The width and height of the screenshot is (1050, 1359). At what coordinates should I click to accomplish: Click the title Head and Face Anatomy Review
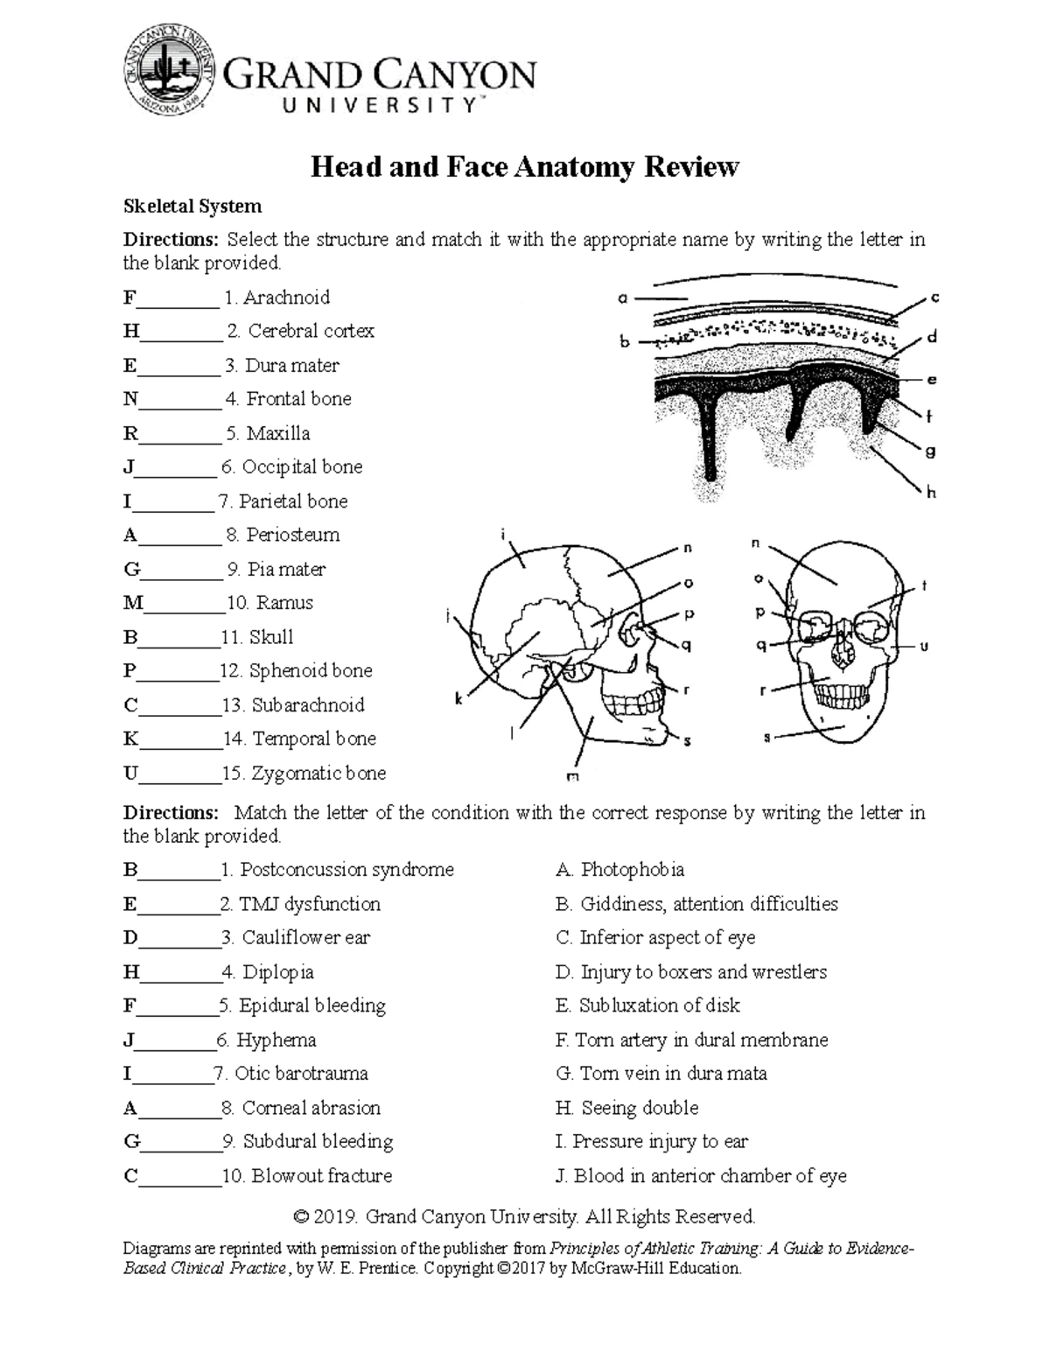click(525, 167)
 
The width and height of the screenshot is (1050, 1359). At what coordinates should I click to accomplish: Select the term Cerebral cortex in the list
click(311, 332)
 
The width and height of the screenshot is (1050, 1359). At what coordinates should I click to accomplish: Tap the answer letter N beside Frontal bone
click(130, 400)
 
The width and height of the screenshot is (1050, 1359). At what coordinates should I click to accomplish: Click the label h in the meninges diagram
click(931, 493)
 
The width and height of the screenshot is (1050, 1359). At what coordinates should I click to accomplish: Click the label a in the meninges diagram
click(623, 298)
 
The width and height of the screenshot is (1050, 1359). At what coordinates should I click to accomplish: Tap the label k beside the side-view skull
click(458, 698)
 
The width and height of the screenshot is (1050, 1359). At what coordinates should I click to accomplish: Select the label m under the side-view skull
click(574, 775)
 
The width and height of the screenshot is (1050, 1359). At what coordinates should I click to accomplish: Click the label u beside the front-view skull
click(923, 647)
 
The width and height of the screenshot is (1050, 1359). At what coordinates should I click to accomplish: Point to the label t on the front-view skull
click(923, 586)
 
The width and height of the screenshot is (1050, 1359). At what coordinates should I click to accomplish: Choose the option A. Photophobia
click(620, 870)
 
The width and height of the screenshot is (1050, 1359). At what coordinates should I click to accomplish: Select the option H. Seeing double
click(627, 1109)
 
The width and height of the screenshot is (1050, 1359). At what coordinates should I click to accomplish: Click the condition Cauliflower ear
click(305, 938)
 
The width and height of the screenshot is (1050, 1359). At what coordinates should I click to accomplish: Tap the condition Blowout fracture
click(321, 1176)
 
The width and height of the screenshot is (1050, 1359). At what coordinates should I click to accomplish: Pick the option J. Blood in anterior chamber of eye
click(701, 1176)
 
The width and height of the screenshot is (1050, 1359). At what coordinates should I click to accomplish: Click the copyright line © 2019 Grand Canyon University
click(525, 1217)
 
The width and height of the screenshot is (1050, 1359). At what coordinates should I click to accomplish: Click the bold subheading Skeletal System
click(192, 207)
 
